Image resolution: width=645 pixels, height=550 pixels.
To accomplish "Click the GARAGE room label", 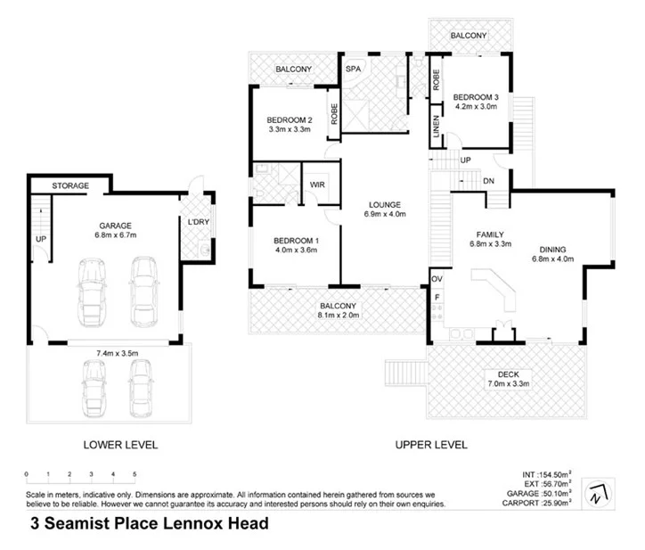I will click(105, 226).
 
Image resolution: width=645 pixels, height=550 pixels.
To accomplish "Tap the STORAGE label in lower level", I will click(70, 186).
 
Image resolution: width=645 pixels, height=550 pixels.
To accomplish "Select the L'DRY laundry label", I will click(197, 222).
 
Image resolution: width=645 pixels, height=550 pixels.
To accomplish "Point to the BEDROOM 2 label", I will click(290, 121).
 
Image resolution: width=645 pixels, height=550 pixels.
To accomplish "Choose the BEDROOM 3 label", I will click(476, 97).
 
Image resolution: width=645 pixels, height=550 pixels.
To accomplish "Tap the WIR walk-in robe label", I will click(316, 185).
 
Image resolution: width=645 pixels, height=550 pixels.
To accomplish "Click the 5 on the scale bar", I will click(135, 473).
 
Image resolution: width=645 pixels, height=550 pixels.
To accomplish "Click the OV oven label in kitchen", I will click(437, 278).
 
